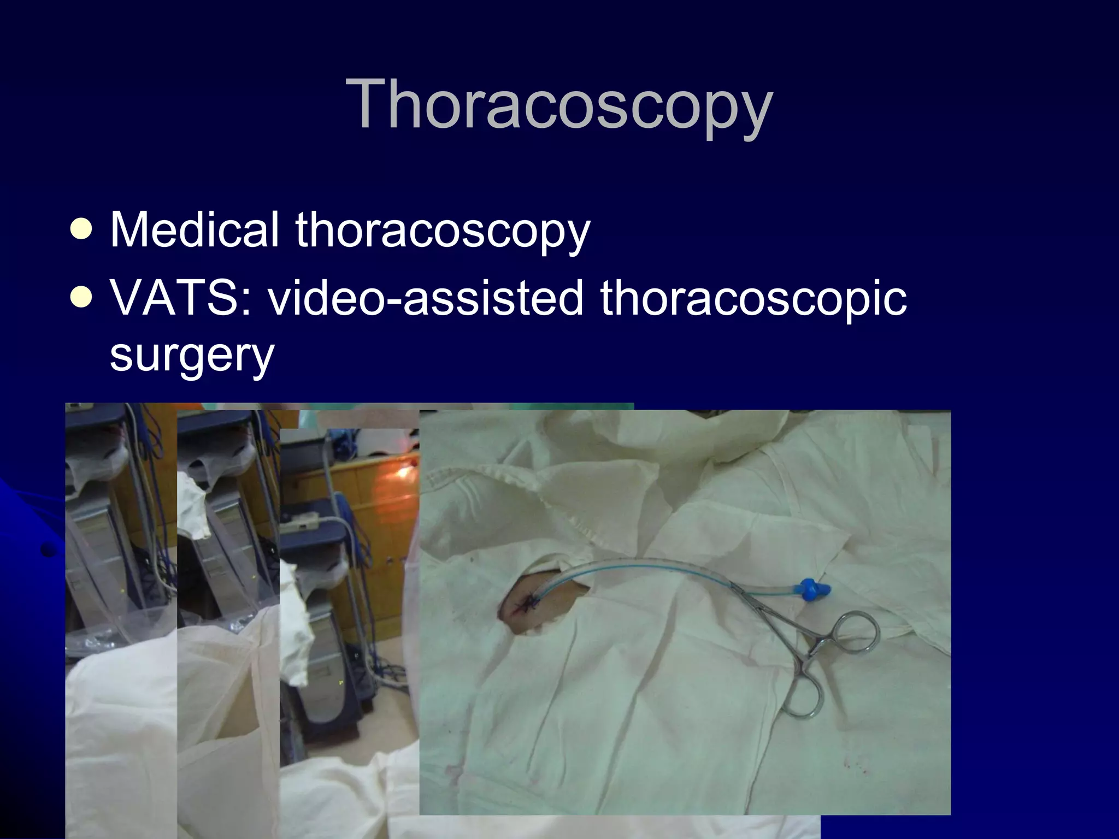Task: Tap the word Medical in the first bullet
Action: click(x=195, y=230)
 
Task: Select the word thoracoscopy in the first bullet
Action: click(x=443, y=231)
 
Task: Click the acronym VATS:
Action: click(x=181, y=298)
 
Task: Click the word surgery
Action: click(x=192, y=355)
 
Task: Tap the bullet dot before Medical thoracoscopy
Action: click(x=81, y=230)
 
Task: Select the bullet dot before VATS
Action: click(x=81, y=298)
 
